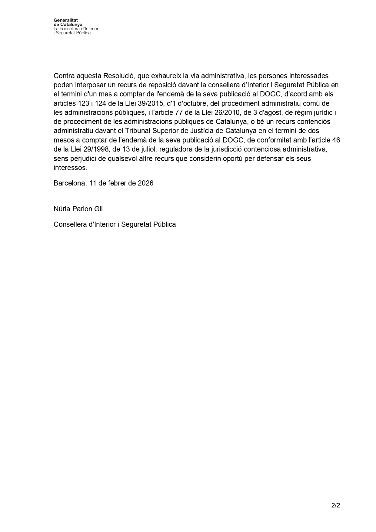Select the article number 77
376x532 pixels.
pyautogui.click(x=179, y=112)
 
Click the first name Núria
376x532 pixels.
pyautogui.click(x=62, y=209)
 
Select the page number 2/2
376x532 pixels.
pyautogui.click(x=336, y=505)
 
